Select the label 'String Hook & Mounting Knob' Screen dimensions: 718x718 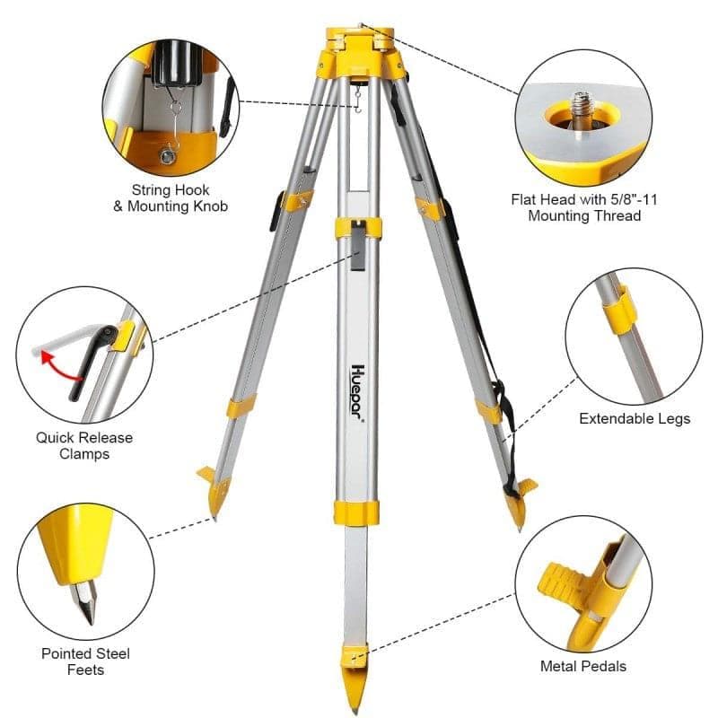(171, 197)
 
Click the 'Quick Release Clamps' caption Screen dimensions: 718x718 (84, 445)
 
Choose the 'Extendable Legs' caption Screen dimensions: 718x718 (635, 418)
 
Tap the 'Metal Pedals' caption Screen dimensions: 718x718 (582, 666)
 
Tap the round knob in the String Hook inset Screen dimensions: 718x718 (168, 157)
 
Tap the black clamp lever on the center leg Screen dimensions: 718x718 (357, 247)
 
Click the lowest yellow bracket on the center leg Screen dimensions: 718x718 (356, 512)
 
